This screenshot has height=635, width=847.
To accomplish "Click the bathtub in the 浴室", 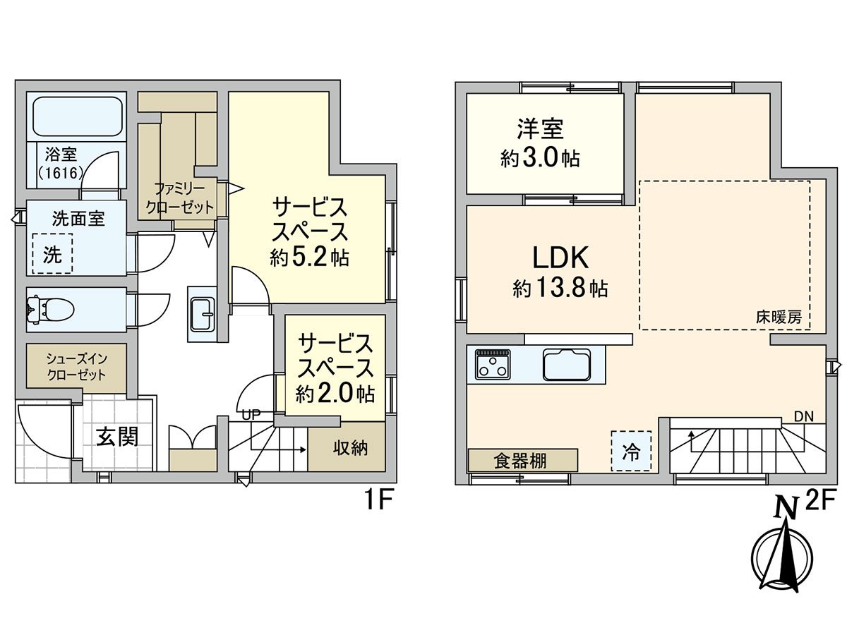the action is click(78, 116).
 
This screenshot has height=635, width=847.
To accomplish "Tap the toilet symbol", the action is click(50, 309).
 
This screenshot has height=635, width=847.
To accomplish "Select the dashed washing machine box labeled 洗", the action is click(52, 253).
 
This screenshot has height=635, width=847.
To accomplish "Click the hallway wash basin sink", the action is click(201, 314).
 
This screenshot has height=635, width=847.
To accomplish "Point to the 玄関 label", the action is click(117, 437).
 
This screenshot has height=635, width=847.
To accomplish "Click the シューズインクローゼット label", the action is click(76, 367).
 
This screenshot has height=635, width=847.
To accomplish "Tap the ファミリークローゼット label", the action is click(179, 198).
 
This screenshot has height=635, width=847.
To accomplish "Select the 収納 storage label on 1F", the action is click(350, 448).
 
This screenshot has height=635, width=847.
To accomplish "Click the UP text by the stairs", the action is click(251, 416).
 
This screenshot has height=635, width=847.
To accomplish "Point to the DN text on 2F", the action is click(804, 416).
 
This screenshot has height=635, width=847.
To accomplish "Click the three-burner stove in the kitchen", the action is click(493, 364).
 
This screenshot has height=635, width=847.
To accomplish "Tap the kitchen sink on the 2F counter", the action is click(567, 364).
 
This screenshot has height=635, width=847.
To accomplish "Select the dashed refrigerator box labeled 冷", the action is click(631, 451).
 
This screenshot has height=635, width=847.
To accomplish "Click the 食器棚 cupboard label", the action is click(520, 460).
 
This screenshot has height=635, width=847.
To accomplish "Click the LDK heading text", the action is click(560, 258).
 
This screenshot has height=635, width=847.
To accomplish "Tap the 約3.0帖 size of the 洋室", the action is click(540, 157).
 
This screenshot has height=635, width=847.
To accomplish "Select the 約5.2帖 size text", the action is click(309, 257).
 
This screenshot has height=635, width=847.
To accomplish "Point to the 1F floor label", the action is click(378, 501).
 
